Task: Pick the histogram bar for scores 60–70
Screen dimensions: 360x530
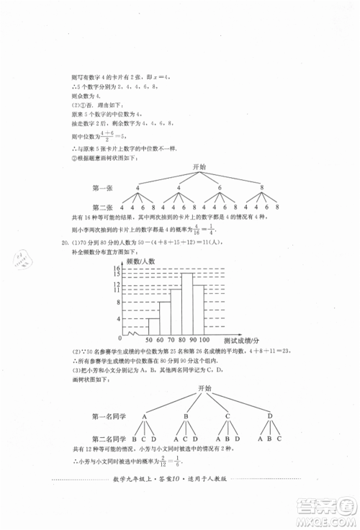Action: [165, 317]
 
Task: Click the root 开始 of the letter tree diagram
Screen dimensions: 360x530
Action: [203, 389]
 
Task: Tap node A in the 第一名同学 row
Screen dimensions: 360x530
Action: [144, 416]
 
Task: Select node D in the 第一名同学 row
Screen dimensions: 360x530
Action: [271, 416]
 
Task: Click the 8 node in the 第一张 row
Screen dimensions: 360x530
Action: [261, 189]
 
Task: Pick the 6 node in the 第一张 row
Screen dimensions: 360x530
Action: [220, 189]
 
